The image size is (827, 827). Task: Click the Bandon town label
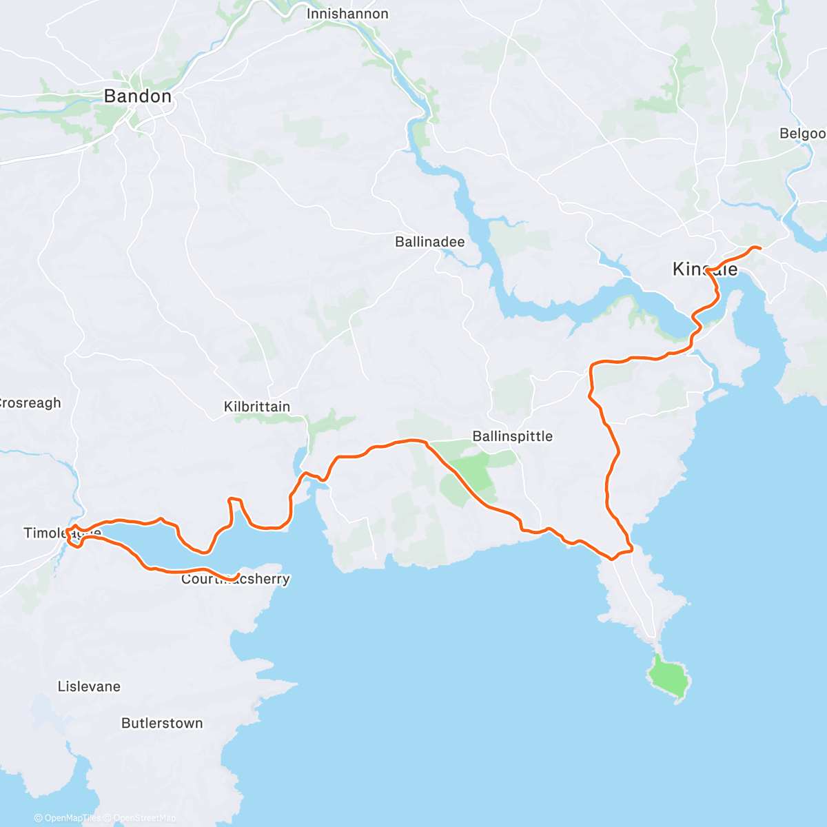point(137,96)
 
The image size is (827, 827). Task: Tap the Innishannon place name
point(347,14)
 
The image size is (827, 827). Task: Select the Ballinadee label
point(429,242)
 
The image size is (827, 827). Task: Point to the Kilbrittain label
point(257,407)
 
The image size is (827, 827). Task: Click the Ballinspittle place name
point(512,436)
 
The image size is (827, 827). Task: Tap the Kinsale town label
point(704,269)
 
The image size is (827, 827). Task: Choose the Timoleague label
point(62,533)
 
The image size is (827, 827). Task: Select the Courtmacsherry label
point(235,580)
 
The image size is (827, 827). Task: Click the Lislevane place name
point(89,686)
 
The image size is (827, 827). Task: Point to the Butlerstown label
point(162,723)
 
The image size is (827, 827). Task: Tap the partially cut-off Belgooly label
point(802,134)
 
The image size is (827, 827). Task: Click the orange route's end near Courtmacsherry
point(238,575)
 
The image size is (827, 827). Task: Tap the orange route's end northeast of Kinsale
point(760,248)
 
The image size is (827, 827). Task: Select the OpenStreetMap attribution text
point(144,818)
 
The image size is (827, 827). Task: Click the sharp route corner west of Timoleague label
point(68,532)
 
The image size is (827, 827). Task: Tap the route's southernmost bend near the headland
point(611,558)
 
